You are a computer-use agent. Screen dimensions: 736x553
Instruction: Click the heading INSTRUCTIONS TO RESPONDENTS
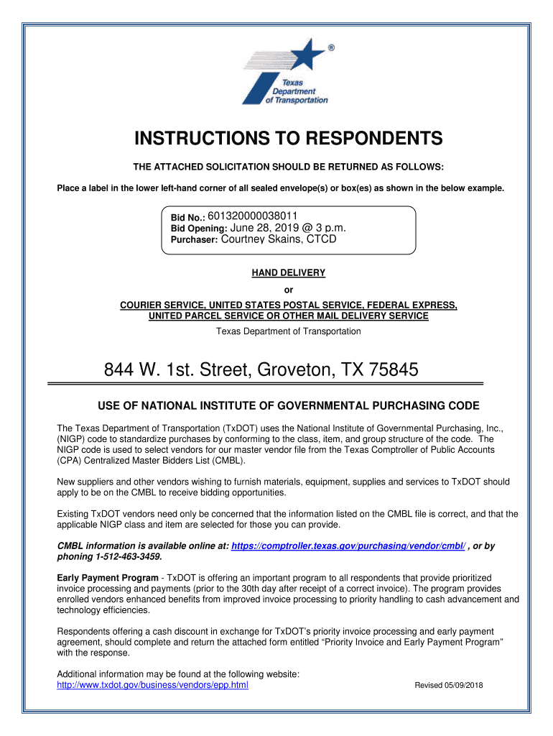[289, 138]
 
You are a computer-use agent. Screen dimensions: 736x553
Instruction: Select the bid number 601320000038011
[253, 216]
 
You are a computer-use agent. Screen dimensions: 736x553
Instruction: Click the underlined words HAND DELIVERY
[288, 273]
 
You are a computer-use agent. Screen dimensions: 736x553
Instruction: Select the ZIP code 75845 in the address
[393, 370]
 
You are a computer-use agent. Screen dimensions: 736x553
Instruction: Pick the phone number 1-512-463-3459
[126, 557]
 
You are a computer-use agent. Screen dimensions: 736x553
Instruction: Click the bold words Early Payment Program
[108, 578]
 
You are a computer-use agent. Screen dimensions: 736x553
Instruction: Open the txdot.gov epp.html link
[152, 685]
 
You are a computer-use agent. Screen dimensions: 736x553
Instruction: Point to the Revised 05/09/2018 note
[449, 686]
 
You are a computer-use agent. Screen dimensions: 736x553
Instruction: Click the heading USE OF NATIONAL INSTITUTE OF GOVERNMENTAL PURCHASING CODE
[288, 405]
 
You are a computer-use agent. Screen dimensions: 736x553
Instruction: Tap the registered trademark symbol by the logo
[330, 47]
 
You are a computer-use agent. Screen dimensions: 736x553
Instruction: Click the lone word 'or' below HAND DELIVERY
[289, 290]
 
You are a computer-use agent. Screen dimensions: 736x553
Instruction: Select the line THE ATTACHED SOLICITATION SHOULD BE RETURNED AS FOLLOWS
[289, 167]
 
